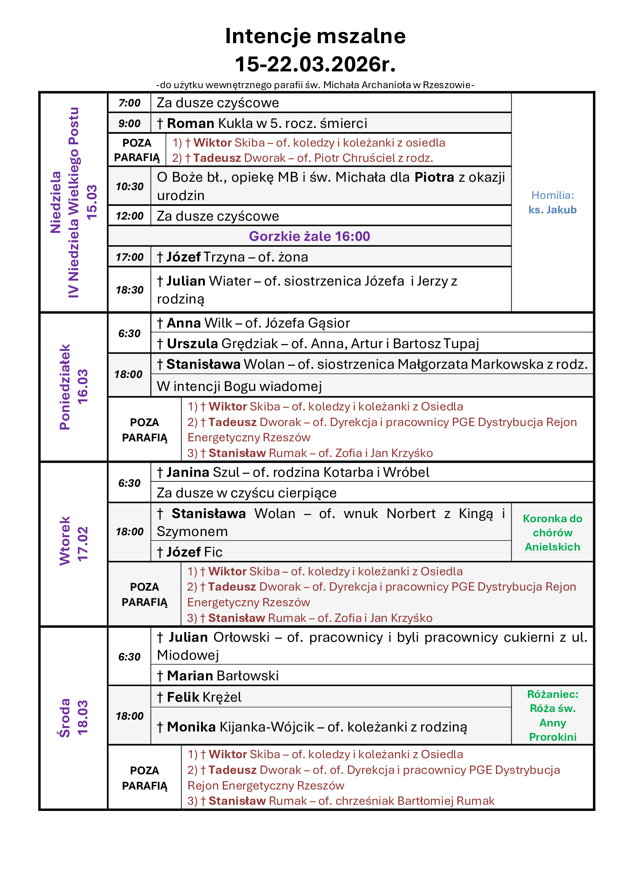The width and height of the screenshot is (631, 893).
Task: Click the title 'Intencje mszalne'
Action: tap(315, 36)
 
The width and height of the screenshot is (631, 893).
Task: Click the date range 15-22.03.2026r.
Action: tap(315, 64)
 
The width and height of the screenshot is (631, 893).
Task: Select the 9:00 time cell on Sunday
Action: tap(129, 124)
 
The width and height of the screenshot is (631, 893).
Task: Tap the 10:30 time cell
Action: tap(129, 186)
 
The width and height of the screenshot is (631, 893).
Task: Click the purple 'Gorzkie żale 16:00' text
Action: tap(309, 236)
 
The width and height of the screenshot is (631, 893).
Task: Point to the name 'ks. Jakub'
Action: tap(552, 210)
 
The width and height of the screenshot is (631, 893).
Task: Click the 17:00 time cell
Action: tap(129, 257)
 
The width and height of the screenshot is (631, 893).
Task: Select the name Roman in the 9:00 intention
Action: tap(190, 124)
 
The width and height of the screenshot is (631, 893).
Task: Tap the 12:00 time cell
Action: tap(129, 216)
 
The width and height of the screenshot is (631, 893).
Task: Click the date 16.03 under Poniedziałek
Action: tap(83, 387)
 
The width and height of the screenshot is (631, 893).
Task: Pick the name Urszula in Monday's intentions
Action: tap(192, 344)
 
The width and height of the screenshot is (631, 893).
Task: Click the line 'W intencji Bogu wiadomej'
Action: tap(239, 386)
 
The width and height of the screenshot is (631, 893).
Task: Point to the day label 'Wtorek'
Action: tap(65, 541)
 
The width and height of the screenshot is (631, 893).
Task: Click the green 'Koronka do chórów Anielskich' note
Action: tap(552, 533)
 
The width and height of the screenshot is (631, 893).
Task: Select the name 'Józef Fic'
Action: tap(194, 552)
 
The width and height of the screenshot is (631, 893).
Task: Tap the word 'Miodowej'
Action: tap(188, 656)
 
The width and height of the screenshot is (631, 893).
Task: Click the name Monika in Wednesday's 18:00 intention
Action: tap(191, 727)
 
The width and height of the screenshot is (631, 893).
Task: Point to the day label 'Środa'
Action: tap(65, 718)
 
